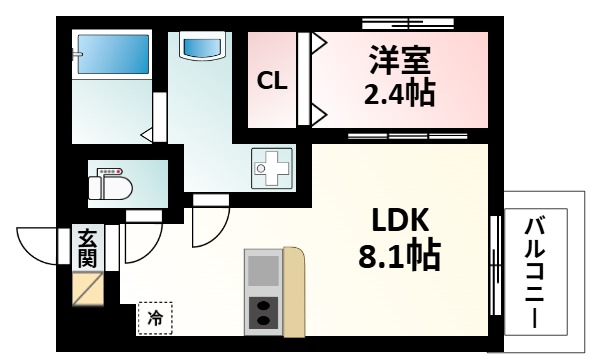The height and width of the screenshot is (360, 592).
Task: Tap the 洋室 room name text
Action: click(x=400, y=61)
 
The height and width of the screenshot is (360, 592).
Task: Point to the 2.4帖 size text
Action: click(x=400, y=96)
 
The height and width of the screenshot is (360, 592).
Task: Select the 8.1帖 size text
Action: click(x=400, y=258)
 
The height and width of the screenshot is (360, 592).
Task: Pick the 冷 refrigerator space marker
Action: click(x=154, y=318)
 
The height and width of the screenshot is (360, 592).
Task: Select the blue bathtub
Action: click(x=112, y=55)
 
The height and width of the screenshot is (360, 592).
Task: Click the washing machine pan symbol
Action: click(x=271, y=169)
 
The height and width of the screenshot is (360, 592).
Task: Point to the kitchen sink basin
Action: click(x=263, y=270)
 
